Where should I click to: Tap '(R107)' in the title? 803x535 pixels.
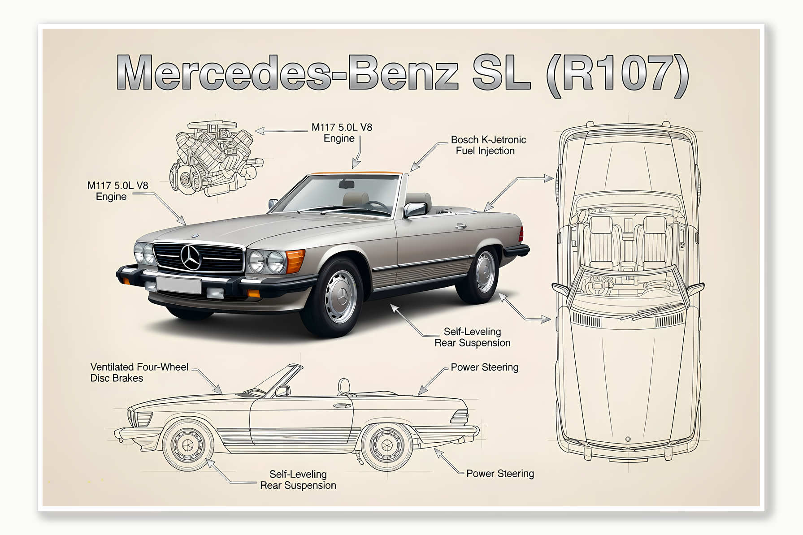(x=617, y=74)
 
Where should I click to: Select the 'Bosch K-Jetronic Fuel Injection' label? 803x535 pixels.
(x=488, y=145)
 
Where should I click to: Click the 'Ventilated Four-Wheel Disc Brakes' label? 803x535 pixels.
(x=139, y=372)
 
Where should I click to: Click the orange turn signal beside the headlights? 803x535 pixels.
(x=295, y=261)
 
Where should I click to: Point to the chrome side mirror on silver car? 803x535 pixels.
(x=415, y=209)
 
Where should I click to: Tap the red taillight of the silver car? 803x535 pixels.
(x=521, y=234)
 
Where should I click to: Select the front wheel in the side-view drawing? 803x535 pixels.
(x=187, y=444)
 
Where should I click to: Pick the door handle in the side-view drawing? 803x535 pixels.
(x=342, y=406)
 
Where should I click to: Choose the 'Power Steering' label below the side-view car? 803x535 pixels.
(x=500, y=474)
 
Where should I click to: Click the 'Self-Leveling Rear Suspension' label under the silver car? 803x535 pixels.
(x=472, y=337)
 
